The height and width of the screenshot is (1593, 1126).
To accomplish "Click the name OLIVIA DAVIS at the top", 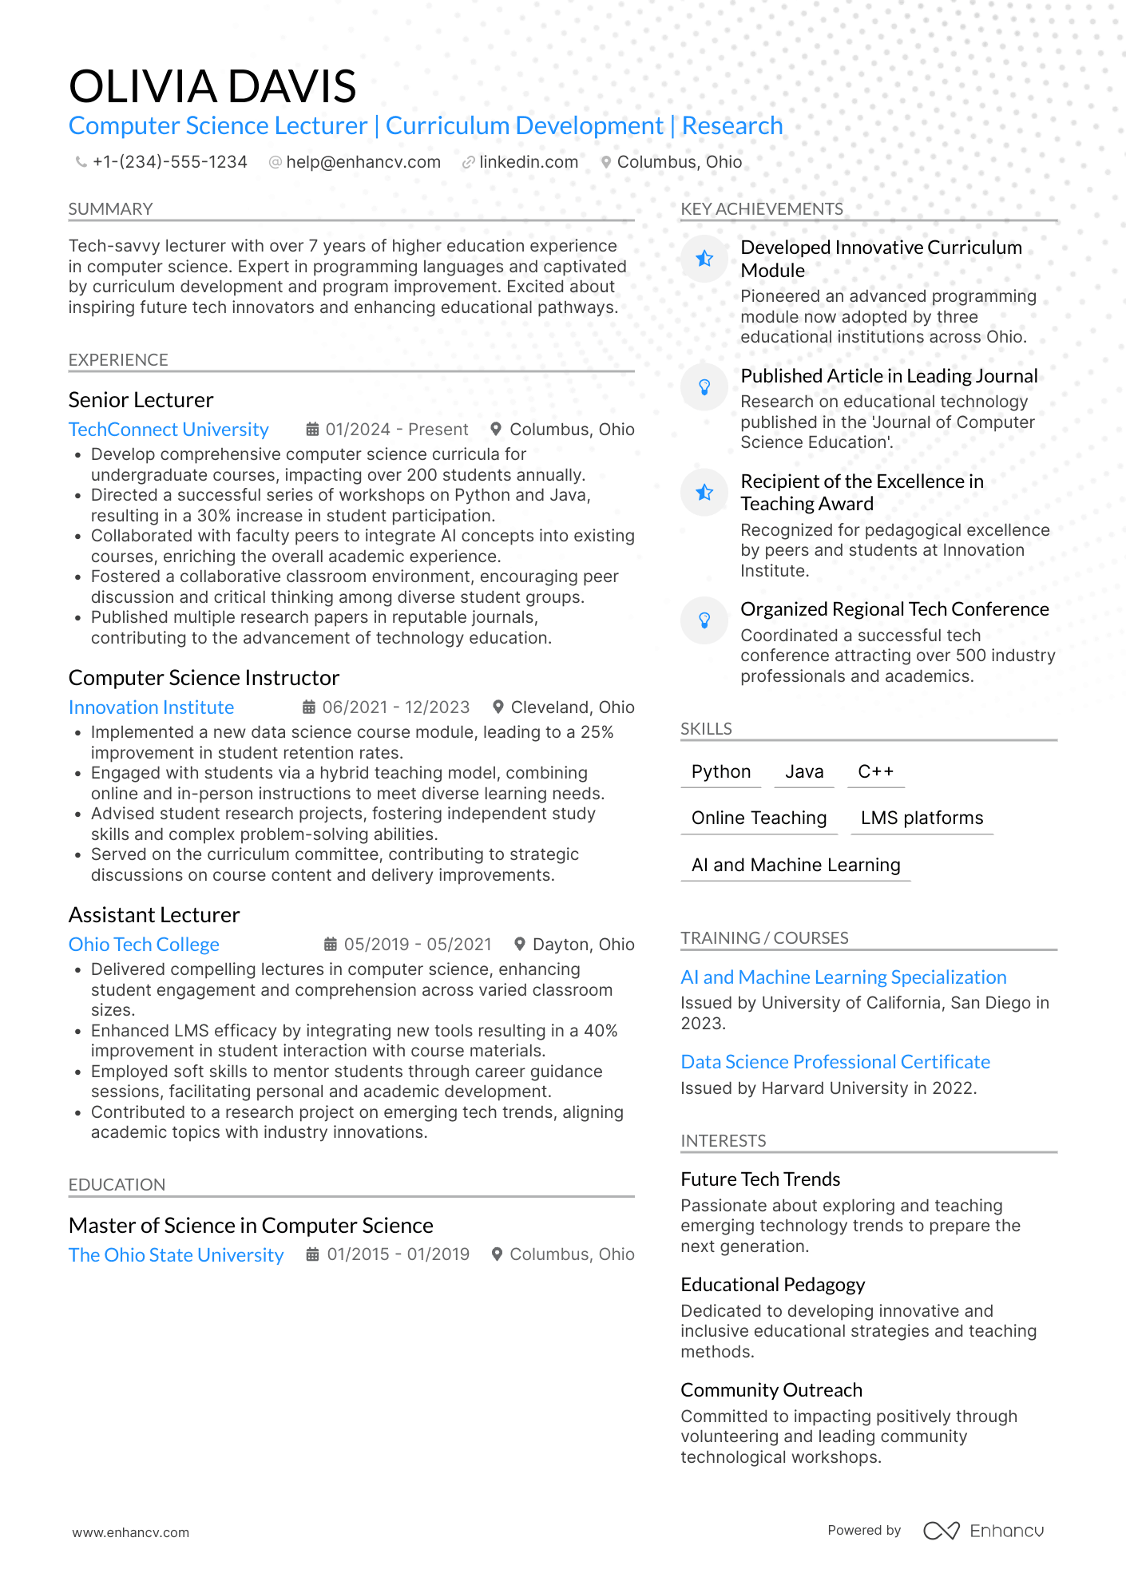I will (x=212, y=86).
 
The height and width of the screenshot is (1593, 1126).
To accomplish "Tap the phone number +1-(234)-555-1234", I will (x=169, y=162).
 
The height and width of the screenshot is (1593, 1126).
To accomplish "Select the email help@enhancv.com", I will (x=363, y=162).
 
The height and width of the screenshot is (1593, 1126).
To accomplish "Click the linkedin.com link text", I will (x=529, y=162).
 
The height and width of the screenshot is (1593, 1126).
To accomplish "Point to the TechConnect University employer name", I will (x=169, y=430).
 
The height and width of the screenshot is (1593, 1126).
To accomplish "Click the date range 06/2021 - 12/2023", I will (x=395, y=707).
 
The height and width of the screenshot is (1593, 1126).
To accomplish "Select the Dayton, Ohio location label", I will (x=583, y=945).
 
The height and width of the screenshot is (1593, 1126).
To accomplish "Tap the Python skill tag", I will (x=721, y=771).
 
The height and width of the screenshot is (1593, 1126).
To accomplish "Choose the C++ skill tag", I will (x=875, y=771).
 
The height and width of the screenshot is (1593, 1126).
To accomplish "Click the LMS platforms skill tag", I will (x=922, y=818).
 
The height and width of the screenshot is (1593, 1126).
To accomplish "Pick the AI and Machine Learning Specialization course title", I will (x=843, y=977).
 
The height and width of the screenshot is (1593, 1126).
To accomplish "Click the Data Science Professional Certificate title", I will (x=835, y=1062).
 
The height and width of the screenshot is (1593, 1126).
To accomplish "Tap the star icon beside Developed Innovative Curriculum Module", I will (x=704, y=259).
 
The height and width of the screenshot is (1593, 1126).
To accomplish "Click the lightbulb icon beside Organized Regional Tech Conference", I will (x=704, y=620).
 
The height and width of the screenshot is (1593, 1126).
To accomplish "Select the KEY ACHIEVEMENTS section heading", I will (x=762, y=209).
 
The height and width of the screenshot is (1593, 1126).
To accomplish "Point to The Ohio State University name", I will (x=176, y=1255).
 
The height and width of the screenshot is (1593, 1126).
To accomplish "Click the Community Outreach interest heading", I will (x=771, y=1390).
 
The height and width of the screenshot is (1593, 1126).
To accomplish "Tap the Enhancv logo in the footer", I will (x=984, y=1531).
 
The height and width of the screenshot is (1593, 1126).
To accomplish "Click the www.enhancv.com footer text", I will (x=131, y=1532).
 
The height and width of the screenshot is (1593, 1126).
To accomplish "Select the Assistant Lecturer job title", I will (x=154, y=915).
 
